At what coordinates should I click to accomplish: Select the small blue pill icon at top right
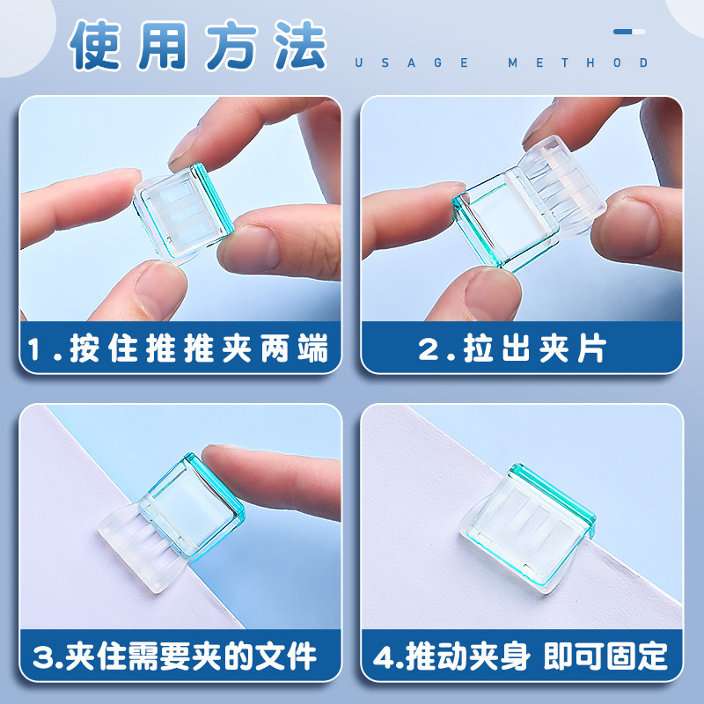[x=629, y=32]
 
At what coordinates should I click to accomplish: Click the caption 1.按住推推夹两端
[x=180, y=348]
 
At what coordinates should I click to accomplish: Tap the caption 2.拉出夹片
[x=512, y=348]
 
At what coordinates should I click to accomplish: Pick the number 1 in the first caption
[x=35, y=349]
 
